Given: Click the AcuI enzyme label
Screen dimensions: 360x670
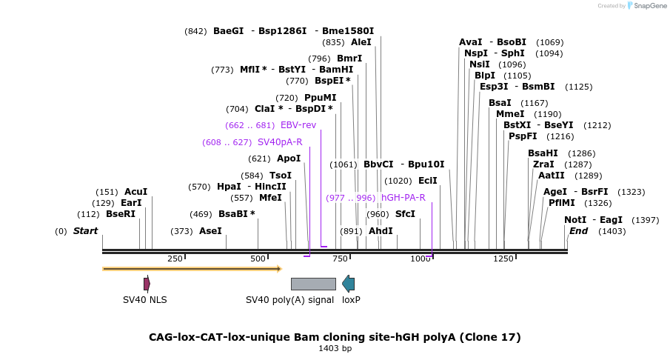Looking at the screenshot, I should tap(136, 192).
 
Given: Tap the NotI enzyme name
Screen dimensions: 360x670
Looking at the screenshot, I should tap(575, 220).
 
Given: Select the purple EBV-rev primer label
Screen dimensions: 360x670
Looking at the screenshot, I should tap(298, 125).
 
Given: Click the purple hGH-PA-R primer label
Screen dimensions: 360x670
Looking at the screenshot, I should tap(403, 198).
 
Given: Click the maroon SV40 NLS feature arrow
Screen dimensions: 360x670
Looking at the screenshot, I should tap(147, 284).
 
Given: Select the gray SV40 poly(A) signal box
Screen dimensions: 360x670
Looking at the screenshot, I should tap(313, 284).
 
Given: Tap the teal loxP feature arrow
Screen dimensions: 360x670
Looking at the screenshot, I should tap(348, 284).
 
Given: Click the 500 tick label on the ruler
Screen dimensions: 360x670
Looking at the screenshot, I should tap(258, 259).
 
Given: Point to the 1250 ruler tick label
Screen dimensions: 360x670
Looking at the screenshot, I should tap(503, 259).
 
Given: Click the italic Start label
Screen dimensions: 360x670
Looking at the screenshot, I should tap(85, 231).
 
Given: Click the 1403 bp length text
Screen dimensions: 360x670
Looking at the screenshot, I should tap(335, 348).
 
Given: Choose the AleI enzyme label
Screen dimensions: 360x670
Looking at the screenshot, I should tap(361, 43).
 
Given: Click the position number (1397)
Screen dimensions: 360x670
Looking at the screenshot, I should tap(646, 220).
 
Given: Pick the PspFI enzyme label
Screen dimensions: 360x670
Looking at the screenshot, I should tap(522, 136).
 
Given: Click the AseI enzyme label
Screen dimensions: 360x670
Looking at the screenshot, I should tap(210, 231).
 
